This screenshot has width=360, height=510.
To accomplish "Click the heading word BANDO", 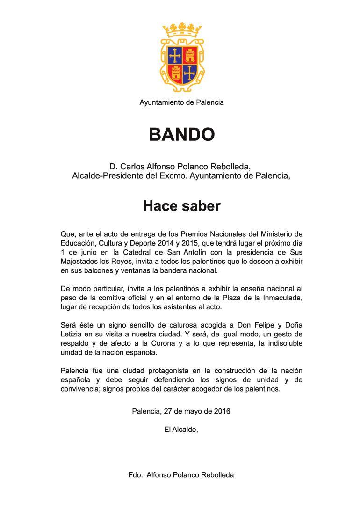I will coord(181,135).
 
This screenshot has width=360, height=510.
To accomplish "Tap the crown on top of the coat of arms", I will coord(182,31).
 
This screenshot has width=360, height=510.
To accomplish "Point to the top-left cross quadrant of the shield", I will coord(175,56).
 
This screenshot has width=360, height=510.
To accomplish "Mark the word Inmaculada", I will coord(281,298).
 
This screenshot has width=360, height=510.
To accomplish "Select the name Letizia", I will coord(72,334).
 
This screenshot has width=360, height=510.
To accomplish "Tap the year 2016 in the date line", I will coord(222,412).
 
